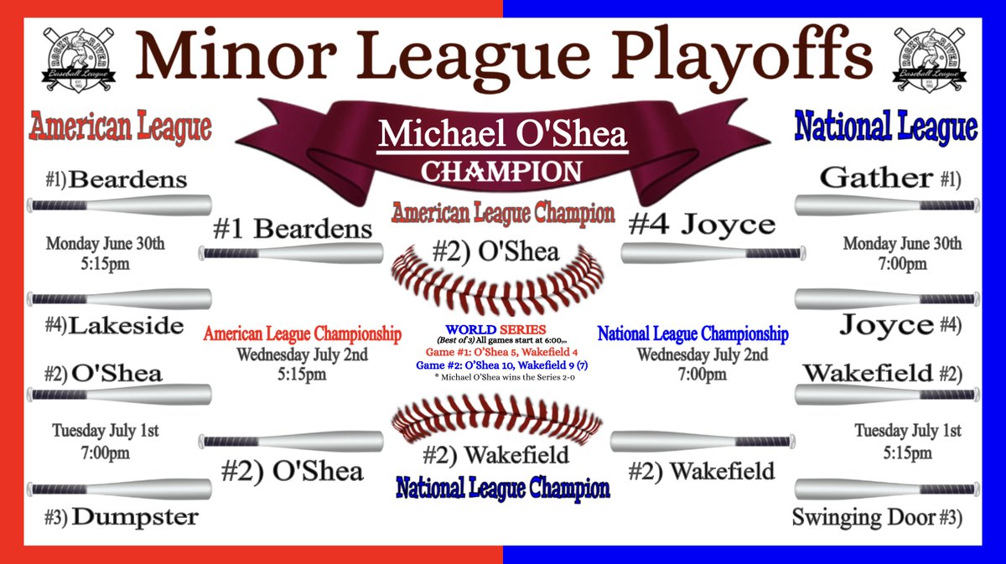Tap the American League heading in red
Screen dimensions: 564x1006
[120, 127]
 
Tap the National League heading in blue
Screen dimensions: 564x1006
[885, 127]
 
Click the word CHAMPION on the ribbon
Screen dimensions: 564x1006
[501, 171]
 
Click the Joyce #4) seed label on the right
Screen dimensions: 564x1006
[899, 325]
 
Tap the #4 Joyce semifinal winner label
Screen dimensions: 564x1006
[703, 225]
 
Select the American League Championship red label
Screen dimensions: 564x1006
[303, 334]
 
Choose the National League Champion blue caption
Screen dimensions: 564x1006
[503, 488]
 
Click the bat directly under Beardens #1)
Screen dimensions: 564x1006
[119, 204]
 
